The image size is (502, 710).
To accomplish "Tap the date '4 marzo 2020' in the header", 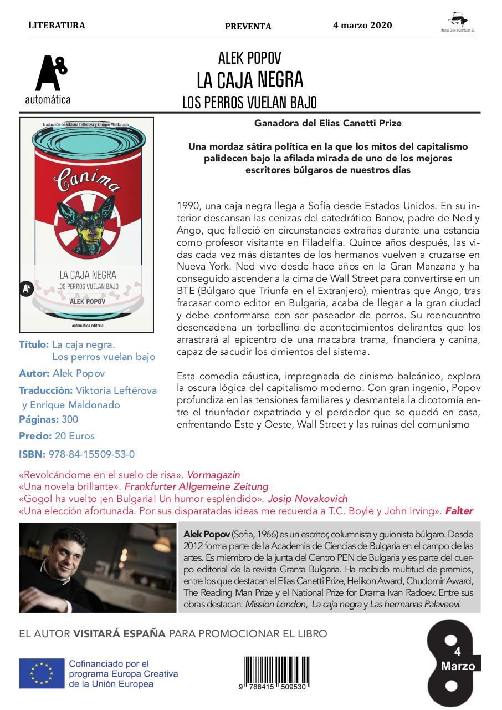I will [362, 26].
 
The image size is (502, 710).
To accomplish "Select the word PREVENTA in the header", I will [248, 26].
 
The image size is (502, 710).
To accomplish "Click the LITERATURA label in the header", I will [56, 26].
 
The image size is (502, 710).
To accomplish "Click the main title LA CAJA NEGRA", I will [250, 80].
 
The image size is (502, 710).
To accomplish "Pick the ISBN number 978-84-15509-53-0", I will [91, 454].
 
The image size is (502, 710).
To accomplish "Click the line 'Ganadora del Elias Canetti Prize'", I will [328, 123].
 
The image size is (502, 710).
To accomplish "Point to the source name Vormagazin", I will [213, 475].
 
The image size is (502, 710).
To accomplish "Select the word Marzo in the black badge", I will [458, 666].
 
